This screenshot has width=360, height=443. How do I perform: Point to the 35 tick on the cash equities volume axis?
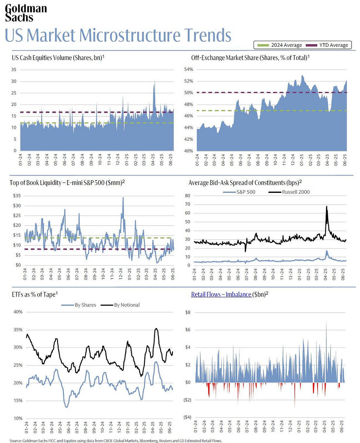tap(14, 70)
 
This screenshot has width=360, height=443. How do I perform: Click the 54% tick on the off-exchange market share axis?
tap(189, 69)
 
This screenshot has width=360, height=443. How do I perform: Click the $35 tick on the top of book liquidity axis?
tap(17, 196)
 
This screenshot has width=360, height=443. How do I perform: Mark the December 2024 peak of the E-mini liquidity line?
tap(123, 197)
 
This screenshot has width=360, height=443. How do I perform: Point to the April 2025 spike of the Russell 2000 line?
tap(326, 206)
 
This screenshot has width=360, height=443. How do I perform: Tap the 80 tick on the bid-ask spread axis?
tap(188, 196)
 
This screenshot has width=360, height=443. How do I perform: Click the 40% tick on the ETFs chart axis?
tap(18, 312)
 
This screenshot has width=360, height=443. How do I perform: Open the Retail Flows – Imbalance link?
tap(221, 295)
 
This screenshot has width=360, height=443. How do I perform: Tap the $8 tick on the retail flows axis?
tap(188, 312)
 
